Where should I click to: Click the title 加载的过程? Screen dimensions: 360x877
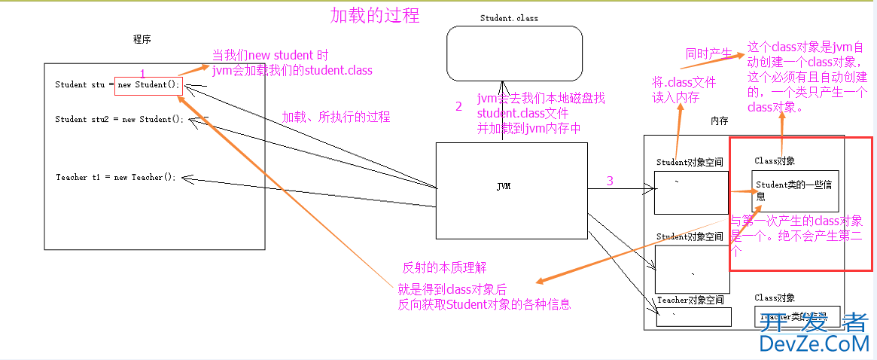[375, 15]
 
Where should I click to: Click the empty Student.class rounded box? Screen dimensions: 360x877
[514, 52]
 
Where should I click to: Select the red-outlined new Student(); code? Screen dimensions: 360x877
[148, 85]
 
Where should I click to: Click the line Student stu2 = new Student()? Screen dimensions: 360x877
[119, 119]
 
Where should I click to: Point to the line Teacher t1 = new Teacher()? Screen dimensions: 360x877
[115, 178]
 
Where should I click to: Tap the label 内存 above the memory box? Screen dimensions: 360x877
[720, 121]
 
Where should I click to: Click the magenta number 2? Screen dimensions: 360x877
[458, 107]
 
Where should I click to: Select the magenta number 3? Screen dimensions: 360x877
[610, 181]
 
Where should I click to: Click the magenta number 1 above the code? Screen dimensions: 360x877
[142, 73]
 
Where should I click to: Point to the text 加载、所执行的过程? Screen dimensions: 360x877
[336, 117]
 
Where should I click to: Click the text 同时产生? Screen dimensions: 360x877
[708, 53]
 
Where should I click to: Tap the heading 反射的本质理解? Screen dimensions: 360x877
[445, 267]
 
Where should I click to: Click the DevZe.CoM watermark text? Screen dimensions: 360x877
[814, 344]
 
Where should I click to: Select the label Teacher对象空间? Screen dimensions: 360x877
[690, 300]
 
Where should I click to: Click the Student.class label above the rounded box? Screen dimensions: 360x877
[509, 18]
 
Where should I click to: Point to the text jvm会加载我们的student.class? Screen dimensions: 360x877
[292, 70]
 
